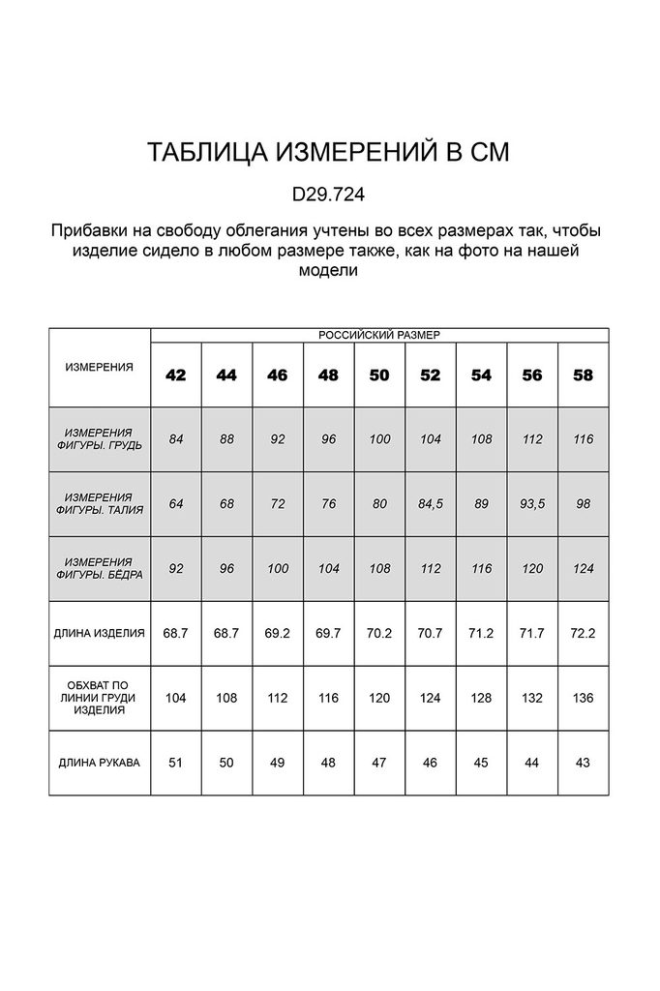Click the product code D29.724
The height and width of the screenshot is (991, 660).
click(328, 194)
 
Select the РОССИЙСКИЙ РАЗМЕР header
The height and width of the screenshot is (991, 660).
click(379, 335)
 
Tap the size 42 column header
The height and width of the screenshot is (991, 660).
click(176, 375)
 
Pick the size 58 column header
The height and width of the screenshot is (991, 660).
click(584, 375)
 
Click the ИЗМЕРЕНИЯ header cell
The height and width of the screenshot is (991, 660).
click(99, 368)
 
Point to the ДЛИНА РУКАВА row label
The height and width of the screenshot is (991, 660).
click(99, 763)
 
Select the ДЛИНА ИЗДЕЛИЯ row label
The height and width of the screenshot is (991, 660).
click(99, 633)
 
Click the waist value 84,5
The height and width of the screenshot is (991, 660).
click(431, 503)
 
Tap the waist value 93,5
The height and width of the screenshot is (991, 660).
click(532, 503)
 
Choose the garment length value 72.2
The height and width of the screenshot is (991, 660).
click(584, 633)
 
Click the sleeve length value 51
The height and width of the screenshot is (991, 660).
click(176, 763)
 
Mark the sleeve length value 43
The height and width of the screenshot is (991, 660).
click(584, 763)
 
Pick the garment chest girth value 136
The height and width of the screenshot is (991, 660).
click(584, 698)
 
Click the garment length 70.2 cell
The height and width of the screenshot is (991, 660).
click(379, 633)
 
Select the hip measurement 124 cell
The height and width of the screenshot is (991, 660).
click(584, 568)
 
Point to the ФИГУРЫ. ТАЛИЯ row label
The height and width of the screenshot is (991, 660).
click(99, 503)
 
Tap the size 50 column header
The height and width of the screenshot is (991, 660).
click(379, 375)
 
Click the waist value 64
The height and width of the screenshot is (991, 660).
click(176, 503)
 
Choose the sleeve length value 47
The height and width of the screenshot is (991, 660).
click(379, 763)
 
